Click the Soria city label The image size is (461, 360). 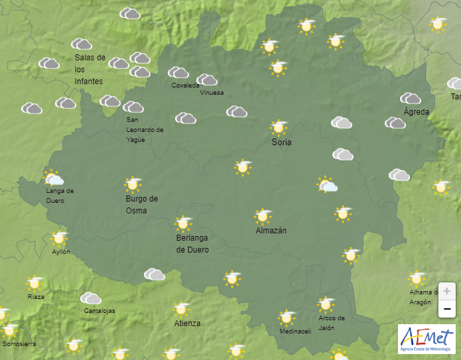[x=281, y=143]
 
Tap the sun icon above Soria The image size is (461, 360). [x=279, y=127]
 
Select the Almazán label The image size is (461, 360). [x=271, y=231]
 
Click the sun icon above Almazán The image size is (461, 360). [x=263, y=216]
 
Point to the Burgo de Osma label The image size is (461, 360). [x=141, y=205]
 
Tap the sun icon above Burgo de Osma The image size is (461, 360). [x=133, y=184]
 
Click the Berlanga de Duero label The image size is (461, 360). [x=192, y=244]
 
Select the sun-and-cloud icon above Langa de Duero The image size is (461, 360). [x=53, y=178]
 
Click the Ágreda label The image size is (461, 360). [x=417, y=112]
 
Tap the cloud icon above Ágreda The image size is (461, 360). [x=410, y=98]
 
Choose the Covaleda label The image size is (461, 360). [x=185, y=86]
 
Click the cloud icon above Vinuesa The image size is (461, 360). [x=207, y=80]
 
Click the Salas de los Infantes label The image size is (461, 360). [x=90, y=69]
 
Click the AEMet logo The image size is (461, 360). [x=427, y=339]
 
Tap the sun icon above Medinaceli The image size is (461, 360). [x=287, y=317]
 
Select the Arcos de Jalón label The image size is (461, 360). [x=331, y=323]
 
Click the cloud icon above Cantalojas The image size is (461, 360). [x=91, y=298]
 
